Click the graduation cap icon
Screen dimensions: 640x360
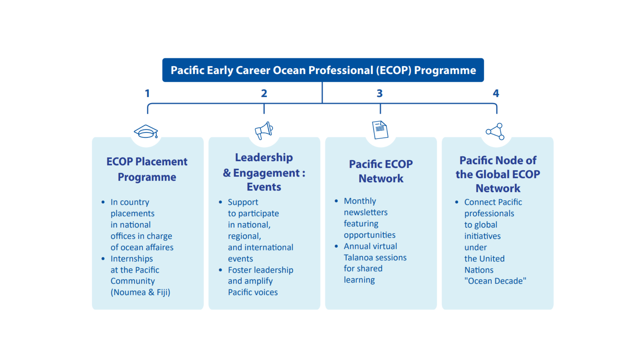coord(146,131)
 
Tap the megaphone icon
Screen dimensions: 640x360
coord(264,130)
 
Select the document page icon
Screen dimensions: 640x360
coord(380,130)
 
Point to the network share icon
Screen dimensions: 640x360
coord(495,131)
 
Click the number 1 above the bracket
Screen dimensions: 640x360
coord(147,93)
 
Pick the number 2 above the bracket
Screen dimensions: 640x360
coord(264,93)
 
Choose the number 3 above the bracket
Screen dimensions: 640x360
coord(380,93)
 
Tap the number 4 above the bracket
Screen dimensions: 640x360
coord(496,93)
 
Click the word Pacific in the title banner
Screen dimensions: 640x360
coord(187,70)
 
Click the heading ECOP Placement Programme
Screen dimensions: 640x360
coord(147,169)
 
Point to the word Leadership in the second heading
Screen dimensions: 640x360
coord(264,157)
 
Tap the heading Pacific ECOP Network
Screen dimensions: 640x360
coord(381,171)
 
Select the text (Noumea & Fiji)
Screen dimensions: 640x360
coord(140,292)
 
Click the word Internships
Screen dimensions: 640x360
coord(132,259)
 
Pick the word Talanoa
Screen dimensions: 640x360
coord(357,257)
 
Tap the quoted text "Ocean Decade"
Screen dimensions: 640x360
coord(495,281)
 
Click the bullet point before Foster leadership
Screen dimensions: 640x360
coord(220,270)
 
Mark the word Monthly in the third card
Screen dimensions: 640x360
coord(360,201)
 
